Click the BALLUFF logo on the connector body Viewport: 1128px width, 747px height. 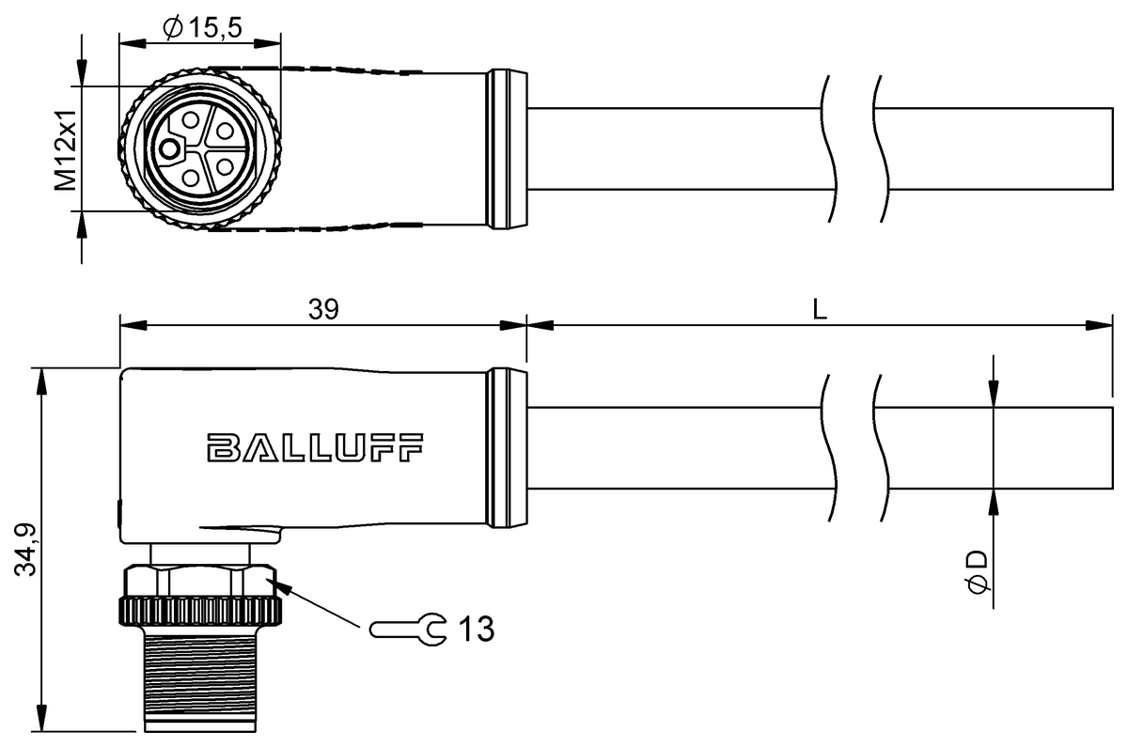(315, 448)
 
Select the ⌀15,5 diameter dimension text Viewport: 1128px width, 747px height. (202, 29)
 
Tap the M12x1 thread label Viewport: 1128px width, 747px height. (64, 148)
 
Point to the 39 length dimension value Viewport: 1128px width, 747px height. (322, 309)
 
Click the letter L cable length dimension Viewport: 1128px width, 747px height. (820, 309)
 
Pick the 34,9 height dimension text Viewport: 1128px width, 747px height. (29, 549)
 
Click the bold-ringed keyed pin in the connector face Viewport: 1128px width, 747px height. (169, 148)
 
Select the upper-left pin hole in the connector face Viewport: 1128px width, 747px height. (192, 120)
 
